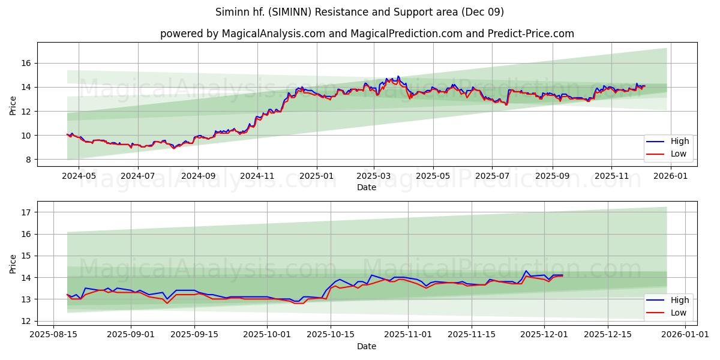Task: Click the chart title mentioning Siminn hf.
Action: [359, 12]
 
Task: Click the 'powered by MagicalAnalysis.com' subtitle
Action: [367, 34]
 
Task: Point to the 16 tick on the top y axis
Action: [26, 64]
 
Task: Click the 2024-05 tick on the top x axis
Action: [79, 176]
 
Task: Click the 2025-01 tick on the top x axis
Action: [316, 176]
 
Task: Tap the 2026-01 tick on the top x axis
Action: [670, 176]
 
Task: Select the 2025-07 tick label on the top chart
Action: [491, 176]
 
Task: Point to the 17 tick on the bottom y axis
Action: [26, 212]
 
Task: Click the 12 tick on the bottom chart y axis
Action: [26, 321]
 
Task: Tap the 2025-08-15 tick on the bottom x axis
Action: [53, 334]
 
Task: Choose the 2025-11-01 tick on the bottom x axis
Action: [408, 334]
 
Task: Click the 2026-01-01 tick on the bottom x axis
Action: [685, 334]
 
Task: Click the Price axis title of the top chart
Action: [13, 104]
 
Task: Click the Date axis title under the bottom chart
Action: [367, 346]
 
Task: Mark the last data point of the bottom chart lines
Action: [562, 275]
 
